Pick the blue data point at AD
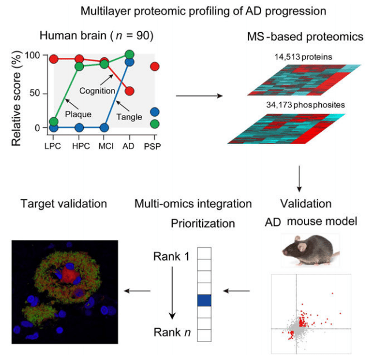click(x=129, y=62)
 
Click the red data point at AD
click(x=129, y=91)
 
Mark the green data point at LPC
click(x=53, y=121)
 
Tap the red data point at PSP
click(x=155, y=66)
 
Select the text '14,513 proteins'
click(x=299, y=57)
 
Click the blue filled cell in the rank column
click(x=205, y=300)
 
